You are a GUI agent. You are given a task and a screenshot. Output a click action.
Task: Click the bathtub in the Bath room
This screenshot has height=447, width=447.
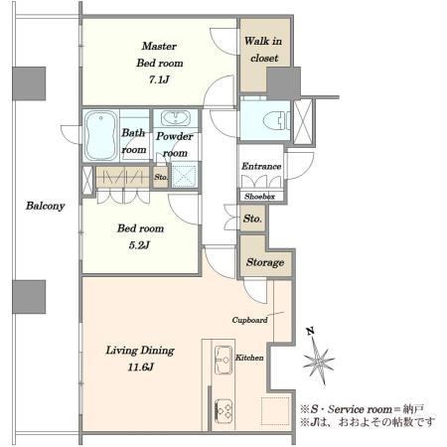pyautogui.click(x=101, y=135)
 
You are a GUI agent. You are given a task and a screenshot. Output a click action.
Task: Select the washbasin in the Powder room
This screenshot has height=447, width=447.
pyautogui.click(x=176, y=118)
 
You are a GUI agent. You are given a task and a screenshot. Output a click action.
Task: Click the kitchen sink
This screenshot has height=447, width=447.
pyautogui.click(x=223, y=360)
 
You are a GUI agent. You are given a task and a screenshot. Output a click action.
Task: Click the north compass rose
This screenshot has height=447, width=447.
pyautogui.click(x=318, y=357)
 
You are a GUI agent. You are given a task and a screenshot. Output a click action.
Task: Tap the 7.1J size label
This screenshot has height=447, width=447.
pyautogui.click(x=159, y=79)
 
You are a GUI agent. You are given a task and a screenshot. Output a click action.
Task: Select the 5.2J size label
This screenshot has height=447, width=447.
pyautogui.click(x=139, y=245)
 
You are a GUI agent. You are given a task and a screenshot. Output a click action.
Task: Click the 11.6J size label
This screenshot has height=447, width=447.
pyautogui.click(x=141, y=368)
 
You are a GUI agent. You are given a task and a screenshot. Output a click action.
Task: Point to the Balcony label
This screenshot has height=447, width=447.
pyautogui.click(x=46, y=206)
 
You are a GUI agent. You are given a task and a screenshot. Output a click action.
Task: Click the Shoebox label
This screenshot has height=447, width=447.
pyautogui.click(x=260, y=197)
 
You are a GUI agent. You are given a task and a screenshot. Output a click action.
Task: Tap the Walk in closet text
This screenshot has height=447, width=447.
pyautogui.click(x=263, y=50)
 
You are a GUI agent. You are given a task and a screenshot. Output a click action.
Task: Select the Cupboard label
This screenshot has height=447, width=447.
pyautogui.click(x=249, y=320)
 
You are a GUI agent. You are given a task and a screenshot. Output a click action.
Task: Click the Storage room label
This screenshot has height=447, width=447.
pyautogui.click(x=265, y=262)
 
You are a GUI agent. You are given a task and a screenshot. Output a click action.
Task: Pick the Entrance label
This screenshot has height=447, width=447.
pyautogui.click(x=261, y=166)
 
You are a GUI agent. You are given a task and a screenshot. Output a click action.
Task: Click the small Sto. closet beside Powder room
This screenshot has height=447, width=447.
pyautogui.click(x=161, y=177)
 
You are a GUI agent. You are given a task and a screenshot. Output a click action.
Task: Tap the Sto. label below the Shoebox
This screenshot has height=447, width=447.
pyautogui.click(x=252, y=219)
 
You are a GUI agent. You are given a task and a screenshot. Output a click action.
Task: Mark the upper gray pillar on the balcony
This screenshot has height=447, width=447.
pyautogui.click(x=29, y=83)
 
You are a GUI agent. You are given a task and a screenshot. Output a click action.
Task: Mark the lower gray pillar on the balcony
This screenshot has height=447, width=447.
pyautogui.click(x=29, y=297)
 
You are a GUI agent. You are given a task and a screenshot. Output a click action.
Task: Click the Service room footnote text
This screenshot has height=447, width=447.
pyautogui.click(x=362, y=409)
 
